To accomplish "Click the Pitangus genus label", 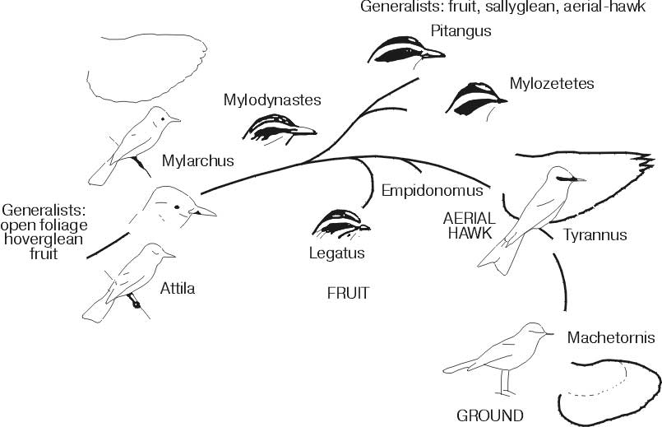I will click(460, 32).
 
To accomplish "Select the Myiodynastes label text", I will click(271, 101).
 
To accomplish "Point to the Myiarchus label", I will click(198, 161).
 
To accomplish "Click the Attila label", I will click(178, 288).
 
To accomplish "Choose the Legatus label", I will click(336, 253).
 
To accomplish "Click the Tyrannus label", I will click(595, 235).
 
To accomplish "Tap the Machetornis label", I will click(610, 338).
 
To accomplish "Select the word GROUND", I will click(490, 414).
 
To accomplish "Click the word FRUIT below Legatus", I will click(349, 292).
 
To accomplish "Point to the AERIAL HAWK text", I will click(466, 225).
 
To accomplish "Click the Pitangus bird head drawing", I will click(405, 52).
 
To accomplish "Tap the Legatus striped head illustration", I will click(340, 222).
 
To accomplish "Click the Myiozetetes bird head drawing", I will click(475, 98).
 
